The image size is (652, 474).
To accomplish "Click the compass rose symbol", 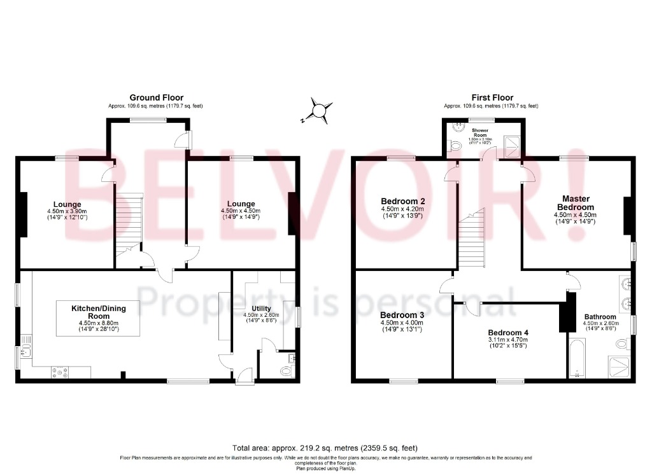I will pyautogui.click(x=318, y=109).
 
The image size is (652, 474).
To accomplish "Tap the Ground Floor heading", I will pyautogui.click(x=157, y=97).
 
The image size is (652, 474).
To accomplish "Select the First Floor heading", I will pyautogui.click(x=492, y=97).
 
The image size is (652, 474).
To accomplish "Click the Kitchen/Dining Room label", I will pyautogui.click(x=99, y=312).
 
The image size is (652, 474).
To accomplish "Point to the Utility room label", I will pyautogui.click(x=261, y=309).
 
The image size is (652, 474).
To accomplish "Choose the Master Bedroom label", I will pyautogui.click(x=576, y=203).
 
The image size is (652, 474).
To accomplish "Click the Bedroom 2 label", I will pyautogui.click(x=403, y=201).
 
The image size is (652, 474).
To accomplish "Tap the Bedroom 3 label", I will pyautogui.click(x=402, y=315).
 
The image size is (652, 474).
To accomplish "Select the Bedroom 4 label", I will pyautogui.click(x=508, y=332).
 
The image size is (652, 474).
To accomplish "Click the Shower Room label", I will pyautogui.click(x=480, y=132).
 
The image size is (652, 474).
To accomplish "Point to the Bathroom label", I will pyautogui.click(x=600, y=316).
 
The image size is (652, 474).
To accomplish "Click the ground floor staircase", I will pyautogui.click(x=128, y=223).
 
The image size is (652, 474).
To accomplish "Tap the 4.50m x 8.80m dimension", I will pyautogui.click(x=99, y=323).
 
